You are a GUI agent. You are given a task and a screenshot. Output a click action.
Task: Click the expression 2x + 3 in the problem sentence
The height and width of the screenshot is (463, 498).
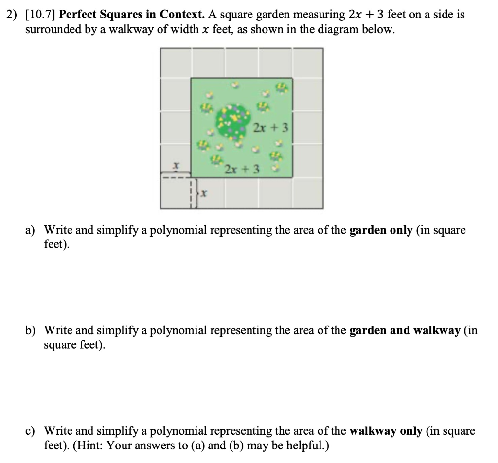coord(367,15)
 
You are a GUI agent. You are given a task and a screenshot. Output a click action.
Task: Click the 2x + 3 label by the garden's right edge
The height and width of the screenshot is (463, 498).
coord(271,128)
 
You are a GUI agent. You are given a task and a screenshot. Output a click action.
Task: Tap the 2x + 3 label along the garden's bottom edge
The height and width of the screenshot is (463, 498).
coord(242,170)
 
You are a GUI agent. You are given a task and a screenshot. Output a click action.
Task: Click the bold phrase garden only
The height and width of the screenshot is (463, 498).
coord(381,230)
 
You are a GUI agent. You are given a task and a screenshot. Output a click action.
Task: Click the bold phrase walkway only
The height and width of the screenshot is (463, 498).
coord(386,431)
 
